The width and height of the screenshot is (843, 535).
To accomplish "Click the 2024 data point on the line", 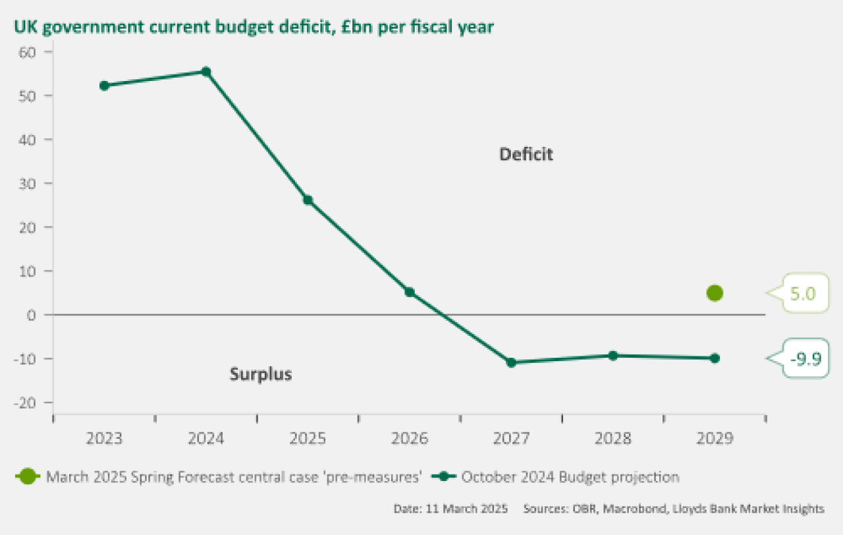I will [x=206, y=72].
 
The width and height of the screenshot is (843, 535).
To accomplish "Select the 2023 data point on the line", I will [x=104, y=86].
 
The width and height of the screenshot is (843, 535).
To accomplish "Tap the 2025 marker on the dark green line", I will [x=308, y=200].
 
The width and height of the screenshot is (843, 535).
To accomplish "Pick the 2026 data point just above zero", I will [x=410, y=292].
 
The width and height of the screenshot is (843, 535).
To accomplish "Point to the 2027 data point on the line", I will [x=511, y=362].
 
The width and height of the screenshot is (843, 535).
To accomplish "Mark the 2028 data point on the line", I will [x=613, y=356].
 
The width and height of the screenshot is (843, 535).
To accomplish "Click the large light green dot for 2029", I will [x=715, y=293].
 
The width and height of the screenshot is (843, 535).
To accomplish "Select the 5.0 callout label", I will [x=803, y=294].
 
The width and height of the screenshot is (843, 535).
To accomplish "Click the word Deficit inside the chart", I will [x=526, y=155].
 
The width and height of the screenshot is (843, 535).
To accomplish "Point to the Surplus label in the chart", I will [x=261, y=374].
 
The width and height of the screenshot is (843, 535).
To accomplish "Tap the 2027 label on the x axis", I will [x=511, y=439].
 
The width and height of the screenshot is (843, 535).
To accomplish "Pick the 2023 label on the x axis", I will [x=104, y=439].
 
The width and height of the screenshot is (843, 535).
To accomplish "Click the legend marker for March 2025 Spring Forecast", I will [x=27, y=477].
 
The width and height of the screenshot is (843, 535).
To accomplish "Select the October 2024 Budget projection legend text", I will [x=570, y=477].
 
